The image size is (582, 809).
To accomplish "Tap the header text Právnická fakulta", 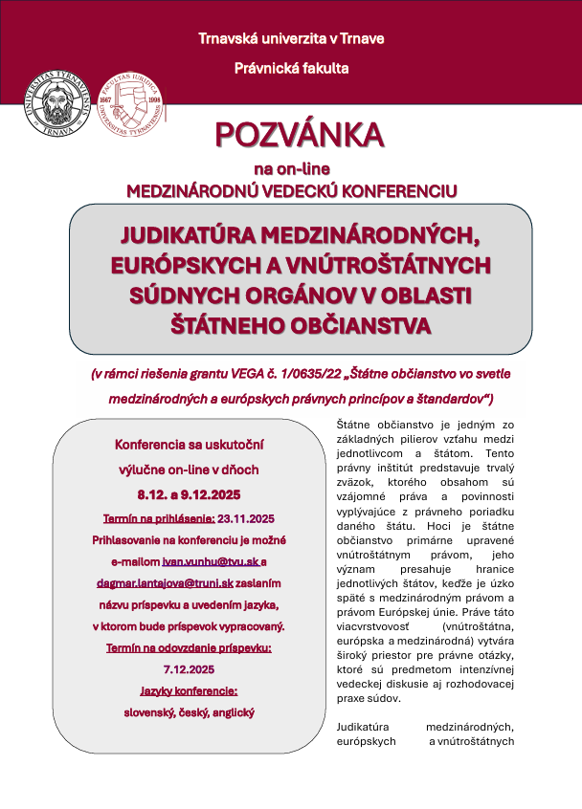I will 291,68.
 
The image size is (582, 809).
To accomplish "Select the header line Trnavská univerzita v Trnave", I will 291,38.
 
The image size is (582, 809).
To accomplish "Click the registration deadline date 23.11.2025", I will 245,517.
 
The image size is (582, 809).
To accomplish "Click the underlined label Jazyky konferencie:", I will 187,689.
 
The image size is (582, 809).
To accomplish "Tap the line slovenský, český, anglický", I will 188,711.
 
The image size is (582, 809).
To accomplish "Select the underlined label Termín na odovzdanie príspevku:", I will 188,646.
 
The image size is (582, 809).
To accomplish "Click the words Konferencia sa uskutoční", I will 188,446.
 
